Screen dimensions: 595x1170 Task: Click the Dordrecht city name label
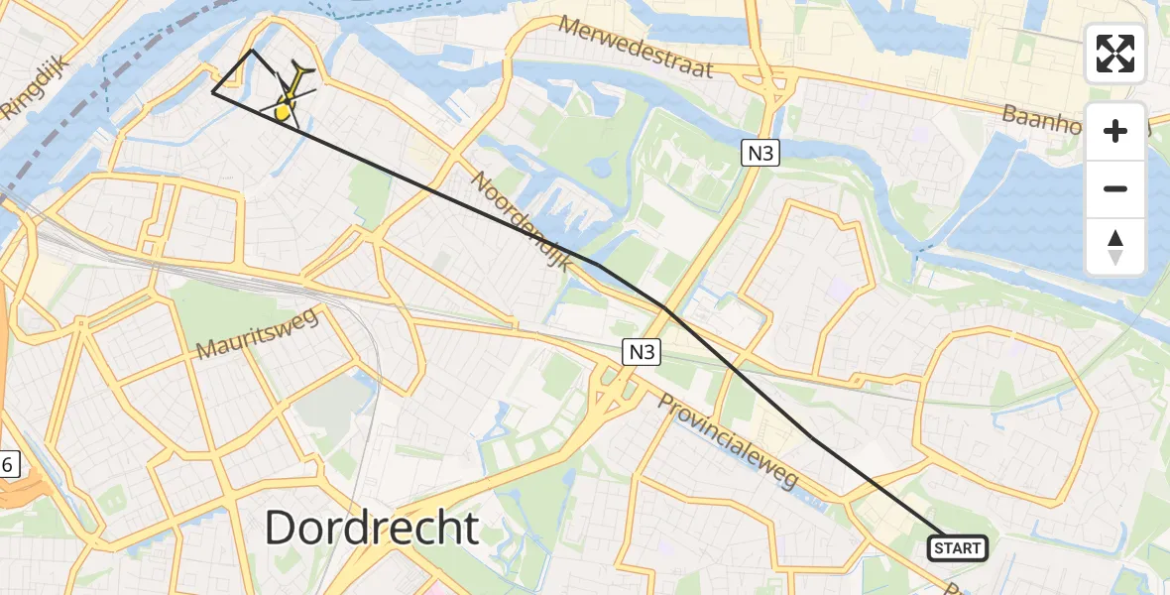pos(372,529)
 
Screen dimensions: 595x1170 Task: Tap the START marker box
pos(957,547)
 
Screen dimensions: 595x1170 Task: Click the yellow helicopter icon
pos(287,103)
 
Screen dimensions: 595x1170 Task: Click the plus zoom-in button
pos(1115,131)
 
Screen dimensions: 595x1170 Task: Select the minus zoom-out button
pos(1115,188)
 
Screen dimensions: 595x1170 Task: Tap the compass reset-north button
pos(1115,247)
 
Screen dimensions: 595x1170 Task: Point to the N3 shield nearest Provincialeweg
pos(641,351)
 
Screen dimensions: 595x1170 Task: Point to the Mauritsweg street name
pos(256,334)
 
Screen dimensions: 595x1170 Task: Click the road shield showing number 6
pos(9,464)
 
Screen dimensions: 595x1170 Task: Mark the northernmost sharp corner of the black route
pos(253,50)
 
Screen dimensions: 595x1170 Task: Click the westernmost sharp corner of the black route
pos(213,92)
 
